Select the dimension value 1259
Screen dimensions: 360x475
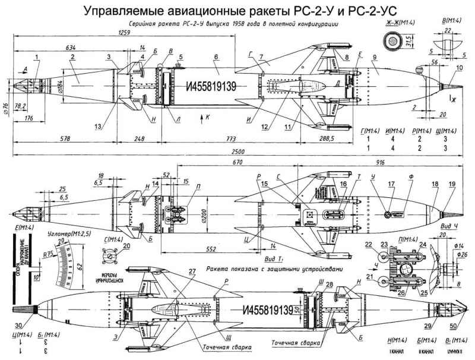click(123, 33)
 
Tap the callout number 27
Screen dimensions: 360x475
click(191, 271)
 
